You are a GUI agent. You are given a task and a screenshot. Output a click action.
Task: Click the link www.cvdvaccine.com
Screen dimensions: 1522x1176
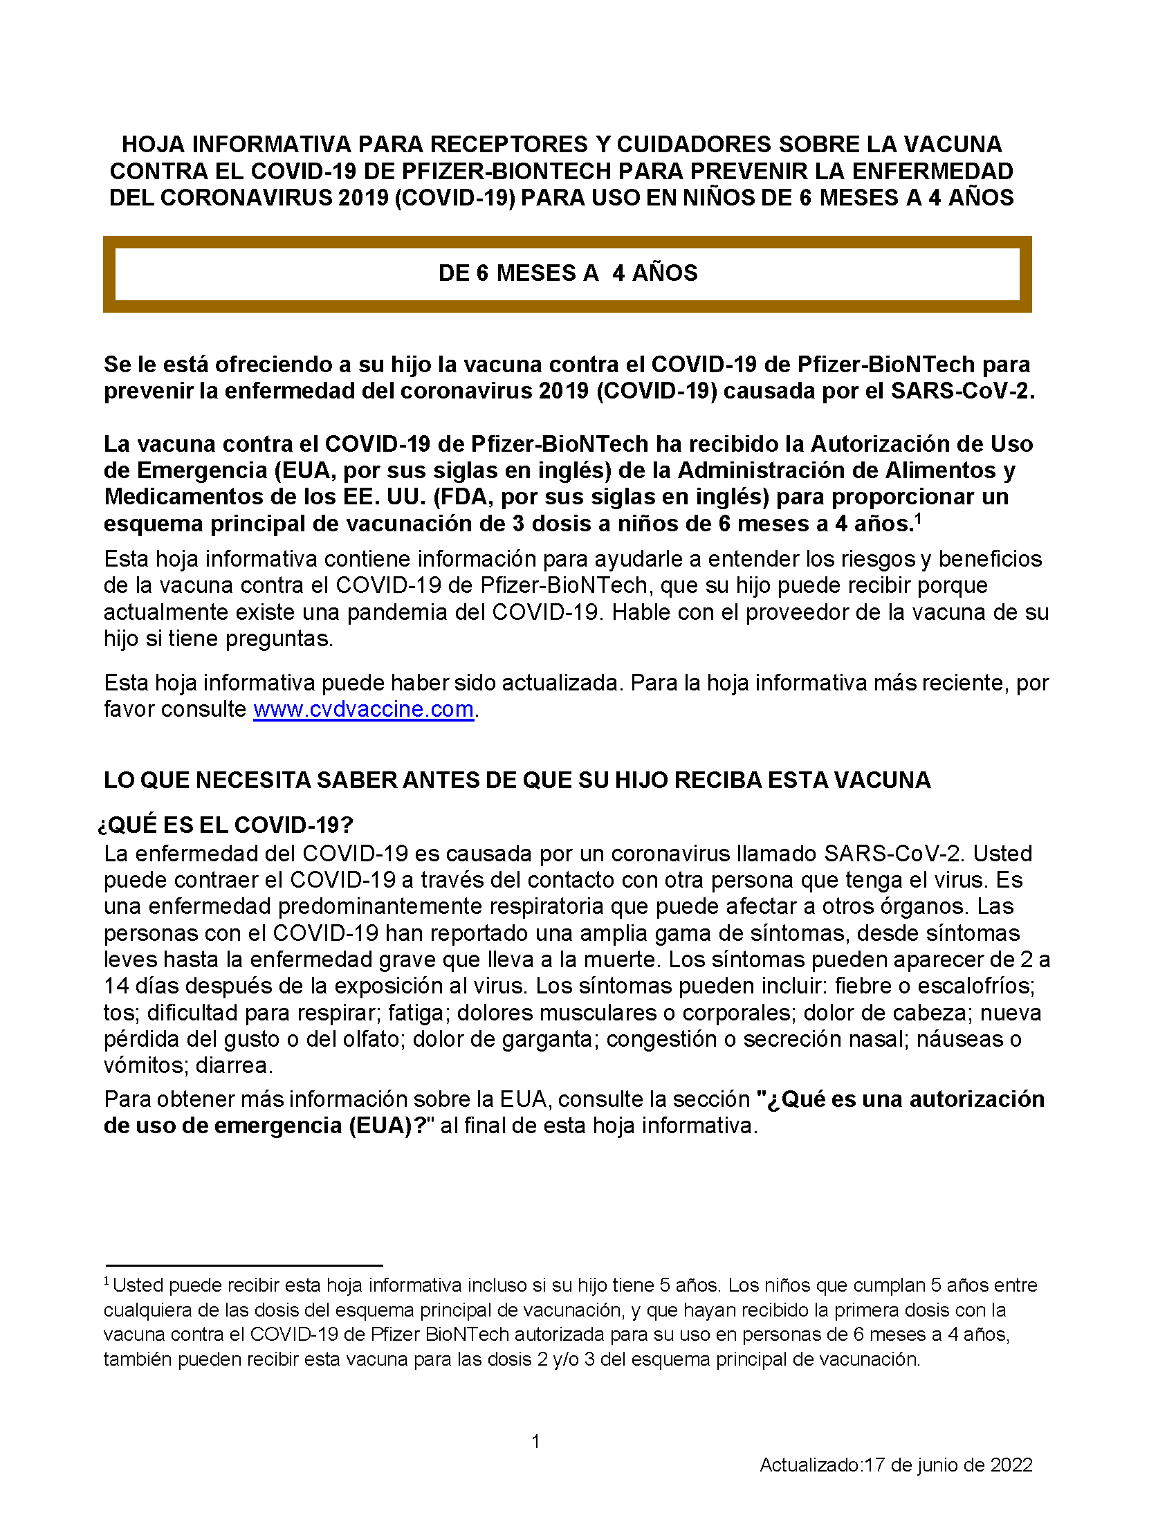[x=363, y=709]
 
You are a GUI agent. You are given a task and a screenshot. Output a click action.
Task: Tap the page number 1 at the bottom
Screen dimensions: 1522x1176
[x=535, y=1441]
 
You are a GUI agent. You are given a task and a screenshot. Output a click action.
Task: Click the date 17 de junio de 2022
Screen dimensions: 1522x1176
[x=948, y=1465]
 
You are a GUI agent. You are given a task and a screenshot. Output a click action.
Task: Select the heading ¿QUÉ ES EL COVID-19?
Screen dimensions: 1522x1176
[x=226, y=825]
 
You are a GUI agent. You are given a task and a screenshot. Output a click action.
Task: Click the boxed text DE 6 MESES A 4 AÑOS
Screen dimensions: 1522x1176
[x=568, y=273]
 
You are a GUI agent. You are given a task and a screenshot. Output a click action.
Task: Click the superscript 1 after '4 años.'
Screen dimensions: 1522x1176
[x=918, y=518]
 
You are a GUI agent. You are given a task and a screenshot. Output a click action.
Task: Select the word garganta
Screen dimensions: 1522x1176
[x=550, y=1039]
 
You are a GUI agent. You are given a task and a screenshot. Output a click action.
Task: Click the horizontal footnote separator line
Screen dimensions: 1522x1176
[x=244, y=1265]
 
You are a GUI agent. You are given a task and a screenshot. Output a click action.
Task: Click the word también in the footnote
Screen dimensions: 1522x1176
[x=137, y=1359]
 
